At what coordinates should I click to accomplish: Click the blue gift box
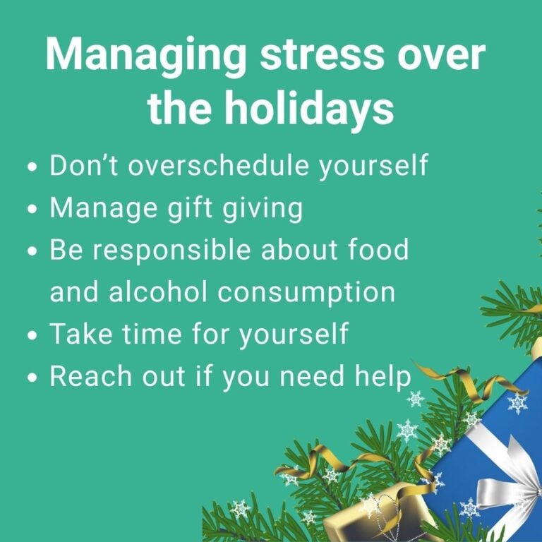click(x=487, y=438)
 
